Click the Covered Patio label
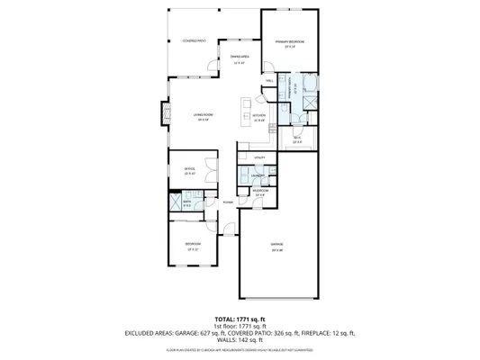point(195,40)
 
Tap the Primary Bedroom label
point(289,42)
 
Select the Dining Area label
point(240,58)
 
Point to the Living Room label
point(203,114)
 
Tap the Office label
point(191,170)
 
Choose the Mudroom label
point(259,191)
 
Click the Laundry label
point(258,175)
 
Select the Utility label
point(259,157)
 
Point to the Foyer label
point(229,202)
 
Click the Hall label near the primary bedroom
point(269,81)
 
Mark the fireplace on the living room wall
point(164,114)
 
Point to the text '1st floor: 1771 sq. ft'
point(240,326)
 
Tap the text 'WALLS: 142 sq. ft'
point(240,339)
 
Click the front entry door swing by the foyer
point(232,220)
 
